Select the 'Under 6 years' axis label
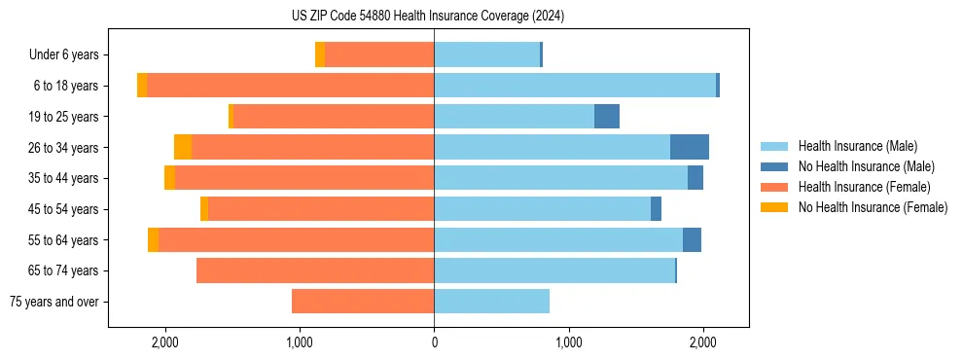[x=70, y=55]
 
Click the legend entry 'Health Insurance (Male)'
[x=857, y=146]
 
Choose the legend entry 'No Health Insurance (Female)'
[x=873, y=207]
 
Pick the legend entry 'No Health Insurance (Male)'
[x=866, y=166]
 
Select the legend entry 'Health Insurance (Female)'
[x=864, y=187]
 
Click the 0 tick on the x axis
[x=434, y=342]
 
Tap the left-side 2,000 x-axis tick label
[x=164, y=342]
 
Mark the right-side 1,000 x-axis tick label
[x=569, y=342]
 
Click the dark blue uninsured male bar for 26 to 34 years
[x=690, y=147]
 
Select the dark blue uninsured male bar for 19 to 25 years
[x=607, y=117]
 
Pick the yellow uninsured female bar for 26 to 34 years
[x=183, y=147]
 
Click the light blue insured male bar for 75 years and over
[x=491, y=302]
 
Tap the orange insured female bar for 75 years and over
[x=363, y=302]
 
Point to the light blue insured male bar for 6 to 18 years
[x=575, y=86]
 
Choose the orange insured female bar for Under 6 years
[x=379, y=54]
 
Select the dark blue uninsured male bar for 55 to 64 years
[x=692, y=240]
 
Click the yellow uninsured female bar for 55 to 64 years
[x=153, y=240]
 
